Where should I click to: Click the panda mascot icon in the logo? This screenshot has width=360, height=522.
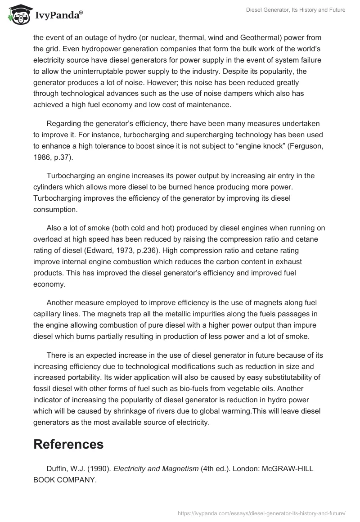[x=18, y=16]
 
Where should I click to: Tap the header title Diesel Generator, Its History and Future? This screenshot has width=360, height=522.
[x=296, y=10]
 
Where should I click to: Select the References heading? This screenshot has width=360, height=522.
[x=68, y=444]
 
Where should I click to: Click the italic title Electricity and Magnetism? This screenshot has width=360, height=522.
[x=156, y=468]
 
